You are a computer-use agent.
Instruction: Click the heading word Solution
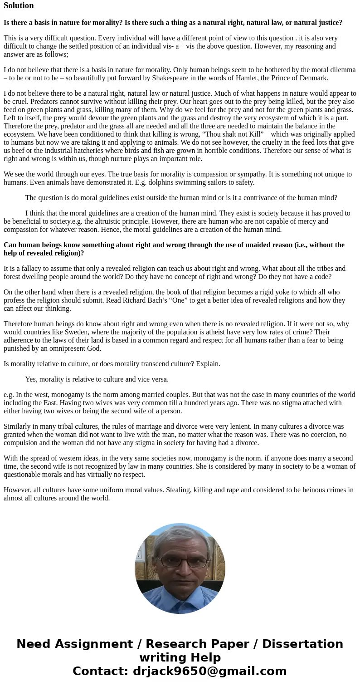pos(19,5)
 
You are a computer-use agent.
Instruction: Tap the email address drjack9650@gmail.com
pos(209,671)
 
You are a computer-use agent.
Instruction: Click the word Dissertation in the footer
pos(302,644)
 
